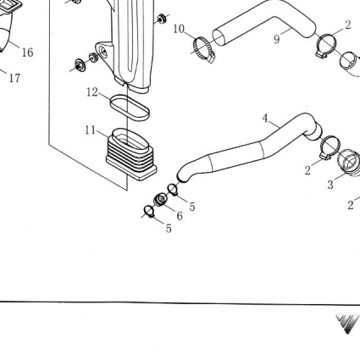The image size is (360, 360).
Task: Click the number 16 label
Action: pos(27,53)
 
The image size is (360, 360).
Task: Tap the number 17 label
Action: pos(14,78)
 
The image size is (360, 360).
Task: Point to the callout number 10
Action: pos(179,29)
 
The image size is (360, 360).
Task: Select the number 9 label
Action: pos(276,39)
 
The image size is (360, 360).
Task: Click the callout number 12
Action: pos(92,92)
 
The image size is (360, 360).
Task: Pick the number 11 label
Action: pos(91,130)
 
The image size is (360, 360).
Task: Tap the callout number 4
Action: pos(265,119)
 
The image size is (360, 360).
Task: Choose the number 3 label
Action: pos(330,185)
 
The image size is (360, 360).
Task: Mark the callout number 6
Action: pos(180,216)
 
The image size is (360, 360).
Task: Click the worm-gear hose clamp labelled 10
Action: pos(203,49)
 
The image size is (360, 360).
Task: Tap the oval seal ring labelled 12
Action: pos(130,108)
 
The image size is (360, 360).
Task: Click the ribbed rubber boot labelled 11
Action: pos(131,154)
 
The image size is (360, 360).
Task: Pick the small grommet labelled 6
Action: pos(160,200)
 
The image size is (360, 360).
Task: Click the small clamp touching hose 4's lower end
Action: pos(173,190)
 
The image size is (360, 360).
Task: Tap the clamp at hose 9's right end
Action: pos(326,46)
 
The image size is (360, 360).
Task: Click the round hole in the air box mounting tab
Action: pos(103,52)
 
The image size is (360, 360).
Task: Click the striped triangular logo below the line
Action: pos(348,324)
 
